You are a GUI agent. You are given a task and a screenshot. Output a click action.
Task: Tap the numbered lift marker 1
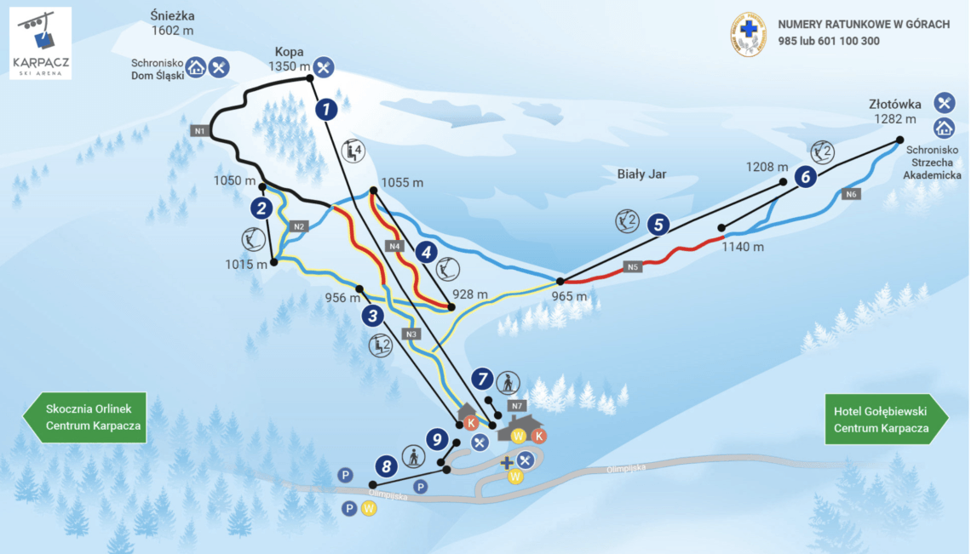(326, 109)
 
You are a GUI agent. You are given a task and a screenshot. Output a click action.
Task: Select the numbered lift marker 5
(657, 225)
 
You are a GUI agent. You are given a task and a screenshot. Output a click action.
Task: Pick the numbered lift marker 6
(804, 177)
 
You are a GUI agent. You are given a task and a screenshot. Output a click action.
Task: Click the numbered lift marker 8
(387, 465)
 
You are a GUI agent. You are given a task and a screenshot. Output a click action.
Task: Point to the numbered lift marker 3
(372, 316)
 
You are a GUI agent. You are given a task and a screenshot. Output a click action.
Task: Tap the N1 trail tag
(199, 131)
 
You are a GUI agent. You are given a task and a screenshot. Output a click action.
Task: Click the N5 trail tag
(632, 266)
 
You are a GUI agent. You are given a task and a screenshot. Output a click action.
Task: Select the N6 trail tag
(851, 195)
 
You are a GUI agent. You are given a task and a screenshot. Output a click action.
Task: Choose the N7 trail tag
(517, 405)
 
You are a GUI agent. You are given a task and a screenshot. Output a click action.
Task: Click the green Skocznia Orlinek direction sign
(84, 418)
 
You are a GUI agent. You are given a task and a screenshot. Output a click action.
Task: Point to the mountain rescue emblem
(749, 34)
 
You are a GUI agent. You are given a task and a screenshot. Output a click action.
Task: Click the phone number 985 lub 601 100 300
(828, 41)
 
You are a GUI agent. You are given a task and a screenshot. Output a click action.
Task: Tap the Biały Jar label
(641, 174)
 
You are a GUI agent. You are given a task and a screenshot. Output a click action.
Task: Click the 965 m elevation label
(570, 296)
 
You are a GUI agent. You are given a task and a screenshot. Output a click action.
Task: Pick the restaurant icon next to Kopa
(323, 66)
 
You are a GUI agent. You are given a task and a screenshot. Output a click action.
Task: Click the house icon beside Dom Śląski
(196, 67)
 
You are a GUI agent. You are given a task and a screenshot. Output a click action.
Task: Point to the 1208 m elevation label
(764, 167)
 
